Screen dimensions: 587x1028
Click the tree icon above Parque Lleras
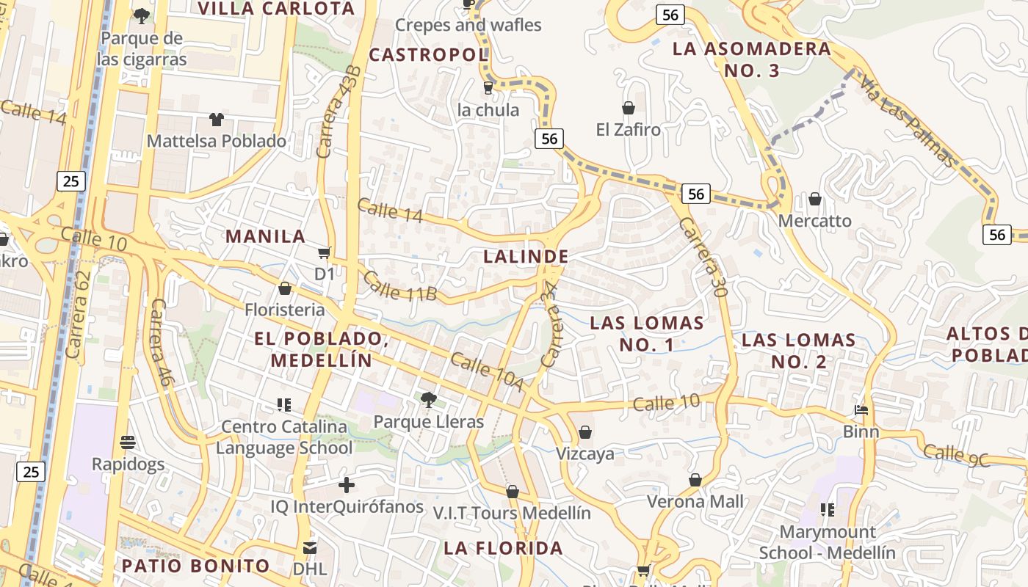pyautogui.click(x=428, y=400)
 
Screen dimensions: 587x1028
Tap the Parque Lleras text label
pyautogui.click(x=429, y=422)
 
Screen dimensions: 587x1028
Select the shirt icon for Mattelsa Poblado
pyautogui.click(x=216, y=119)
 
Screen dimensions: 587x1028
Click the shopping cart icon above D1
pyautogui.click(x=324, y=253)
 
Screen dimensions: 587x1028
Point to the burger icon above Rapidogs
pyautogui.click(x=128, y=442)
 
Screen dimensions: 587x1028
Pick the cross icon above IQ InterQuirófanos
pyautogui.click(x=347, y=485)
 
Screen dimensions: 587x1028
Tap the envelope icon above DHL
pyautogui.click(x=309, y=547)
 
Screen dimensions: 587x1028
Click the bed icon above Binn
pyautogui.click(x=861, y=409)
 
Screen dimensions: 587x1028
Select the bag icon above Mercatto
pyautogui.click(x=815, y=199)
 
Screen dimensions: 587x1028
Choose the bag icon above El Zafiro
pyautogui.click(x=629, y=108)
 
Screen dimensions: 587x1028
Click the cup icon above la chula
pyautogui.click(x=488, y=88)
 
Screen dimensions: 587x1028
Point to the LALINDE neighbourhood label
pyautogui.click(x=526, y=257)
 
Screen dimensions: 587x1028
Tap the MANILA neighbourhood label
pyautogui.click(x=265, y=236)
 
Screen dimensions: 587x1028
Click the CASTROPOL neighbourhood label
pyautogui.click(x=428, y=55)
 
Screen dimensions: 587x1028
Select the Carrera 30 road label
pyautogui.click(x=703, y=257)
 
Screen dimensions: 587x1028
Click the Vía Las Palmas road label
pyautogui.click(x=908, y=121)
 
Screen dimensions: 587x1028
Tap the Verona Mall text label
pyautogui.click(x=695, y=502)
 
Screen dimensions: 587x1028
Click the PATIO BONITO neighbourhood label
pyautogui.click(x=196, y=566)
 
